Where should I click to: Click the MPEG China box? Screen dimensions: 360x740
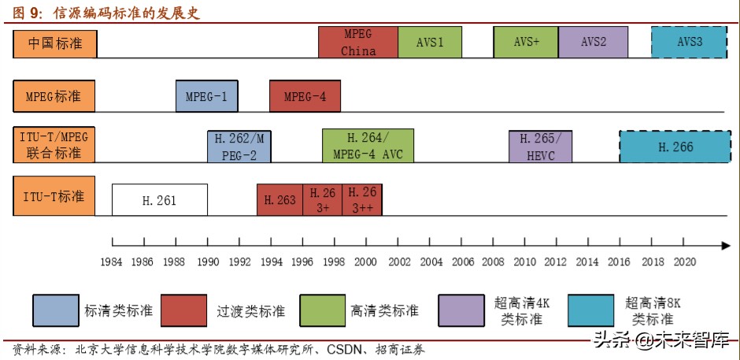coord(358,42)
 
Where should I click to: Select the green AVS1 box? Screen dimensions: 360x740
coord(430,42)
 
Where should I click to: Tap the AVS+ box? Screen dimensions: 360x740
coord(526,42)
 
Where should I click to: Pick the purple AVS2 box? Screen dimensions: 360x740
coord(594,42)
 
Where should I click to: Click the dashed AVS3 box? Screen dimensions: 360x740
coord(690,42)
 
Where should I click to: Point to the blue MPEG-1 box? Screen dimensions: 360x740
coord(206,97)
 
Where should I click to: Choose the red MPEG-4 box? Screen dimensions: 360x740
coord(305,97)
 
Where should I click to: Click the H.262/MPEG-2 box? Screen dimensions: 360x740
coord(239,147)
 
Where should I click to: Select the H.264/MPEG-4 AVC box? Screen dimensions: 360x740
coord(368,146)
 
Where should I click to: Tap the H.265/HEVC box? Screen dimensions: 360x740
coord(540,147)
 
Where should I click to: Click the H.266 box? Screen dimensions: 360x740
coord(675,147)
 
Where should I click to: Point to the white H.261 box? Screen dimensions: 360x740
coord(160,200)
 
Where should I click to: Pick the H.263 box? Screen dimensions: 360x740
coord(280,200)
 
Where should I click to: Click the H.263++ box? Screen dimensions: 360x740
coord(362,200)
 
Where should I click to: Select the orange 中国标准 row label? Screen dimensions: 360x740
coord(54,43)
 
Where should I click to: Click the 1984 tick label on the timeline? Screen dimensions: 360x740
coord(113,261)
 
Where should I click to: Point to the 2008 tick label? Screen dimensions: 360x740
coord(494,261)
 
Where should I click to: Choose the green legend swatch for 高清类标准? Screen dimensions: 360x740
coord(321,310)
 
